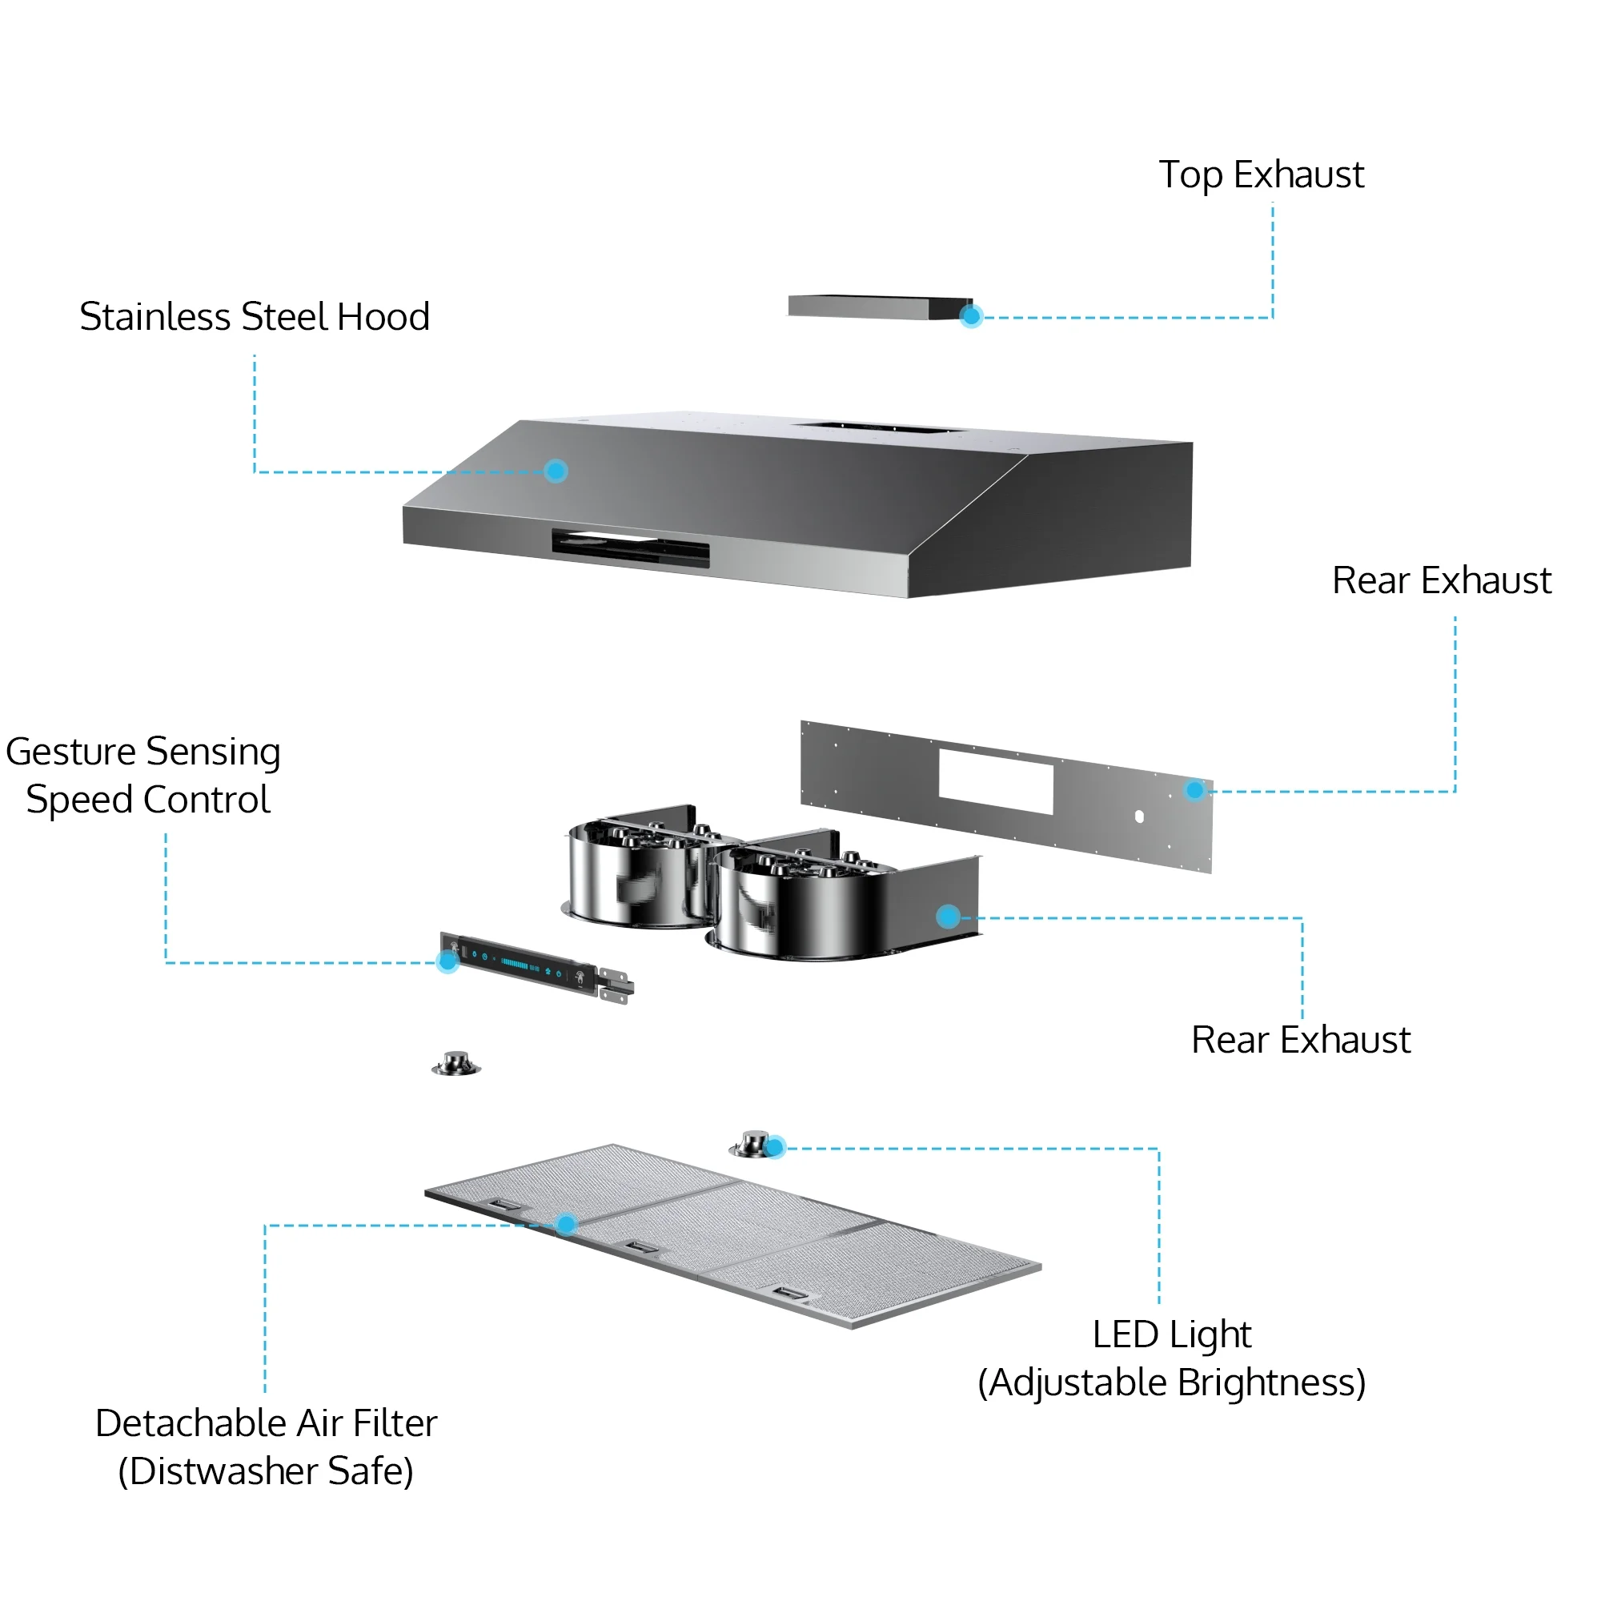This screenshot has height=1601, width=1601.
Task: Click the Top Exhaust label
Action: pos(1261,175)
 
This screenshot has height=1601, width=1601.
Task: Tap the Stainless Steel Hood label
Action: pos(255,316)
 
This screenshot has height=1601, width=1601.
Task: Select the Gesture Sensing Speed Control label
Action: pos(143,776)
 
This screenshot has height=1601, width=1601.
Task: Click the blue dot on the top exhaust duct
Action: pos(971,315)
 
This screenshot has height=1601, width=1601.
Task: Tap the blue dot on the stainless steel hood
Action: pos(556,471)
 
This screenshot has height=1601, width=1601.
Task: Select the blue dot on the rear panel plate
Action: pos(1194,790)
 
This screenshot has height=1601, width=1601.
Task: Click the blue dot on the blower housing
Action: pos(948,916)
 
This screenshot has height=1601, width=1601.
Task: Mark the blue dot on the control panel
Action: pos(447,961)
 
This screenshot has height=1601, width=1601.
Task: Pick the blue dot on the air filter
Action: pos(566,1224)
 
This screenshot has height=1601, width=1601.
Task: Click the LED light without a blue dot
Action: pos(455,1063)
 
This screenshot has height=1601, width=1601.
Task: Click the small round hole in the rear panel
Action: pos(1139,817)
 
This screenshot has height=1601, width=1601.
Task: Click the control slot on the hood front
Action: pos(631,548)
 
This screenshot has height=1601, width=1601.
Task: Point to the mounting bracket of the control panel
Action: pos(616,986)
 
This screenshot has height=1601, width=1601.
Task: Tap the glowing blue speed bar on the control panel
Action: pos(515,964)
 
